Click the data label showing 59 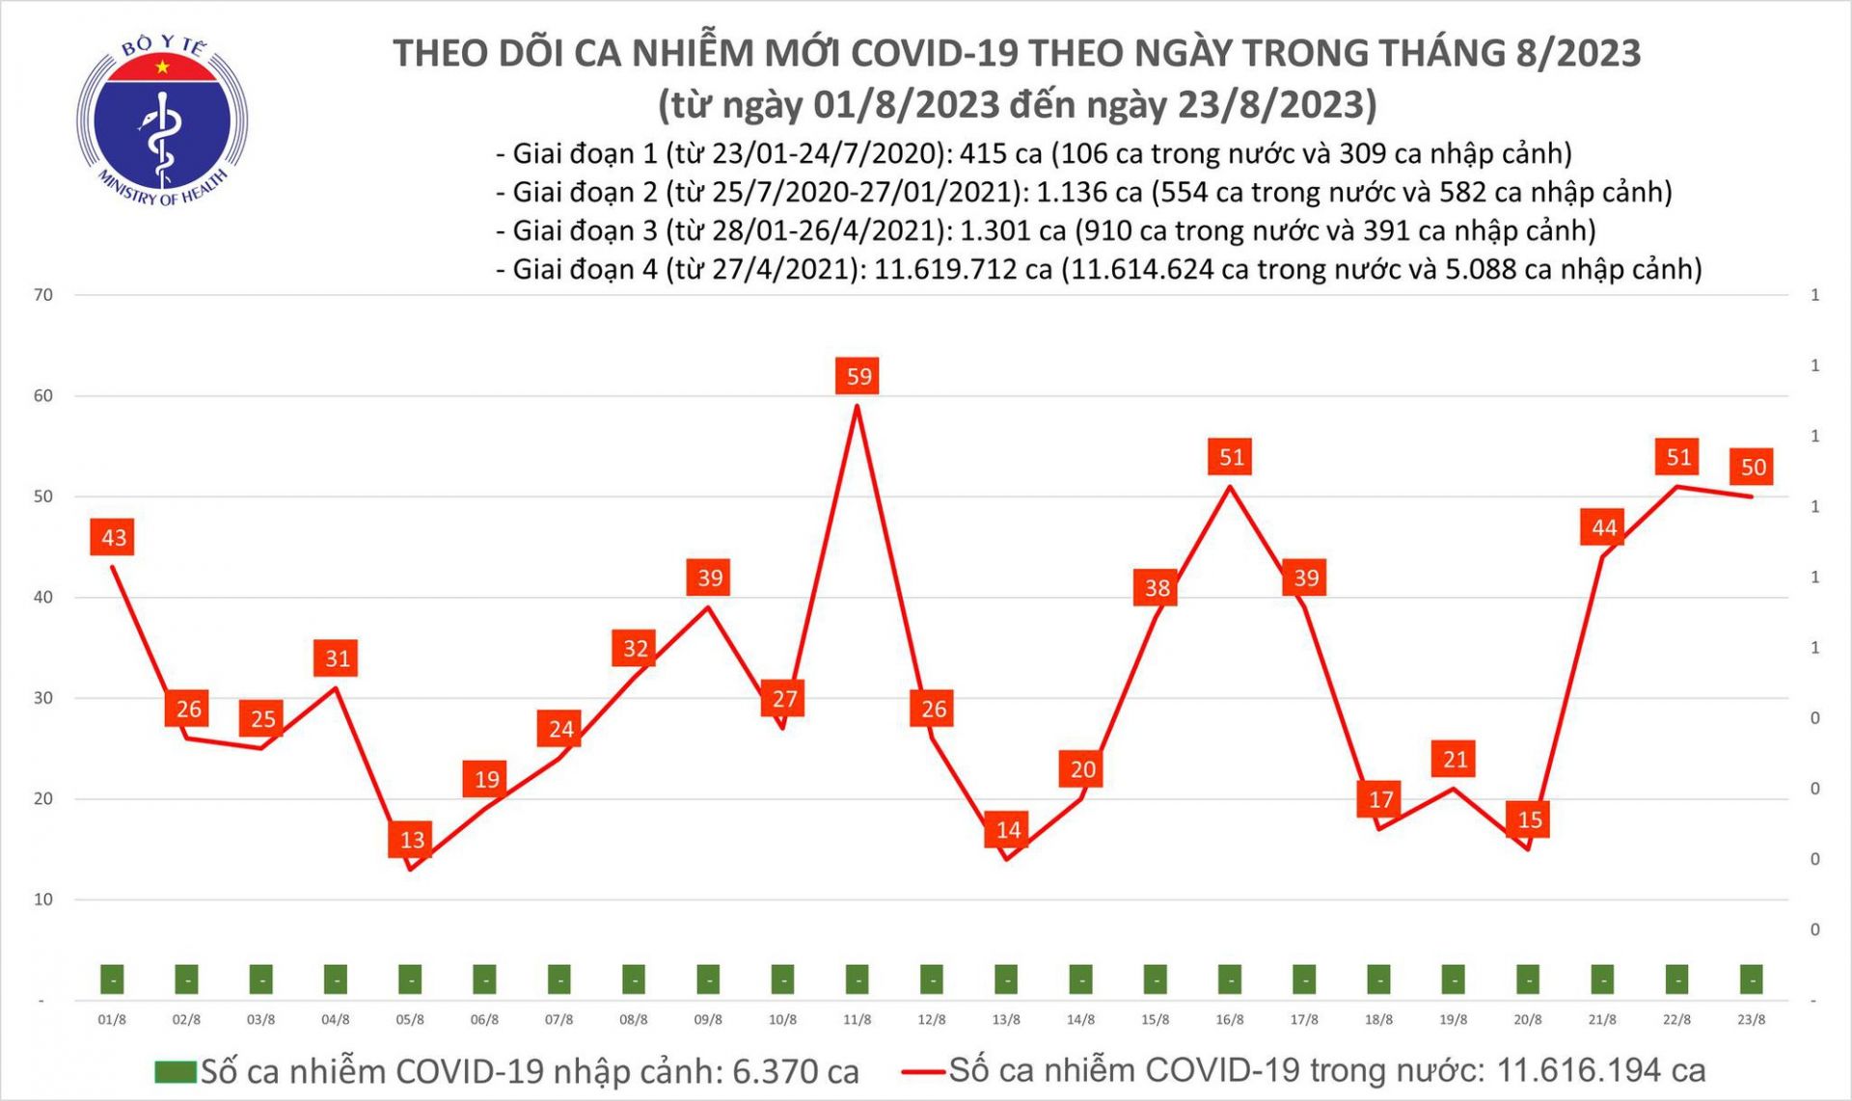coord(858,376)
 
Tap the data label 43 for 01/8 coord(114,537)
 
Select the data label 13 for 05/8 coord(412,839)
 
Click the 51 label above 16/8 coord(1231,456)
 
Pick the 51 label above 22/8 coord(1678,456)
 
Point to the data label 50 coord(1753,467)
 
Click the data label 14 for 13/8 coord(1008,829)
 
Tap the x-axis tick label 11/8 coord(857,1019)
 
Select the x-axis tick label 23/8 coord(1751,1019)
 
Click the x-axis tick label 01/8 coord(112,1019)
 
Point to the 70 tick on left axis coord(43,295)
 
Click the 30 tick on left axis coord(43,698)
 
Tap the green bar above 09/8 coord(708,980)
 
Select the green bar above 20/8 coord(1528,980)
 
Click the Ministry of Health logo coord(162,121)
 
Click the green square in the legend coord(176,1071)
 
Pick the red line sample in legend coord(923,1070)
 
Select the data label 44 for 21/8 coord(1603,527)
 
